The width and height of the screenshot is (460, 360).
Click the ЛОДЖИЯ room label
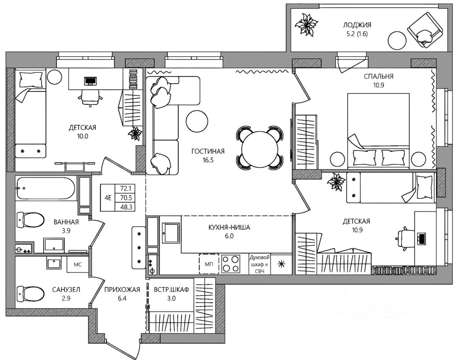click(x=357, y=25)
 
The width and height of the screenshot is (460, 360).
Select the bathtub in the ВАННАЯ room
click(x=46, y=188)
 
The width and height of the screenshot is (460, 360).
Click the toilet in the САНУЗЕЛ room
click(x=30, y=293)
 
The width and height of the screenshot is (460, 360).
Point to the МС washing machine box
click(x=78, y=265)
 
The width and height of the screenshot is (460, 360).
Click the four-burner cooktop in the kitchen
click(x=230, y=264)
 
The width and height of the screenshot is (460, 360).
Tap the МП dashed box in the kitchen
click(x=209, y=264)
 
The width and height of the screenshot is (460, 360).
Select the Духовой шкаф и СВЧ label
click(x=259, y=264)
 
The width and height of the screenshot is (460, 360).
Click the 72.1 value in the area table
click(x=126, y=188)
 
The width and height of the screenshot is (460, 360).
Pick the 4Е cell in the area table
click(x=108, y=198)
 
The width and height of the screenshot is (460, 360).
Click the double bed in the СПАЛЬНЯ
click(x=378, y=131)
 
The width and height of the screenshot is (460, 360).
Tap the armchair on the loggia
click(x=424, y=30)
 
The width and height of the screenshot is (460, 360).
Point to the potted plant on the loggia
click(x=306, y=24)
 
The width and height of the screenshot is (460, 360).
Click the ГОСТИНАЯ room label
click(x=208, y=151)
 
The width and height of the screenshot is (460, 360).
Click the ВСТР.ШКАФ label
click(x=171, y=290)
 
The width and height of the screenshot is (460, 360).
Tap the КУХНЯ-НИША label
click(x=229, y=227)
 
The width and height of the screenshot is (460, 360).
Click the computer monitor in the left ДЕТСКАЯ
click(x=90, y=81)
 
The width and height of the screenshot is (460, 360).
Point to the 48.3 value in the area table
click(x=126, y=207)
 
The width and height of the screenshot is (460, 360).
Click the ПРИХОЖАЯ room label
click(x=122, y=290)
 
